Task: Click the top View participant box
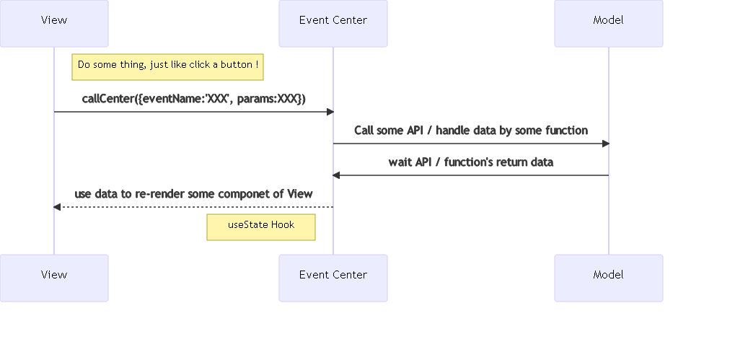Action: tap(54, 24)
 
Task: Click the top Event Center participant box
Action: tap(333, 24)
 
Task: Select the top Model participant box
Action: tap(608, 24)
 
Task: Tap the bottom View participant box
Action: tap(54, 278)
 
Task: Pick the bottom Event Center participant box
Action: tap(333, 278)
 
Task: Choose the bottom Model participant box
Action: tap(608, 278)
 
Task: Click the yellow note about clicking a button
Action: tap(167, 66)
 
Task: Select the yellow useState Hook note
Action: tap(261, 226)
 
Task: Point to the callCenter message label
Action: tap(193, 99)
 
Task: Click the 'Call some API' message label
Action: tap(470, 131)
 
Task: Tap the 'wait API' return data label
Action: tap(470, 162)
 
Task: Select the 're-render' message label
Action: tap(193, 194)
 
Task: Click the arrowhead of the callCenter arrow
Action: tap(330, 112)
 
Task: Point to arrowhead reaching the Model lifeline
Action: tap(605, 144)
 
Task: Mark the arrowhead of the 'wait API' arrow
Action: tap(336, 175)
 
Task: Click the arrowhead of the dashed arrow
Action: tap(58, 207)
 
